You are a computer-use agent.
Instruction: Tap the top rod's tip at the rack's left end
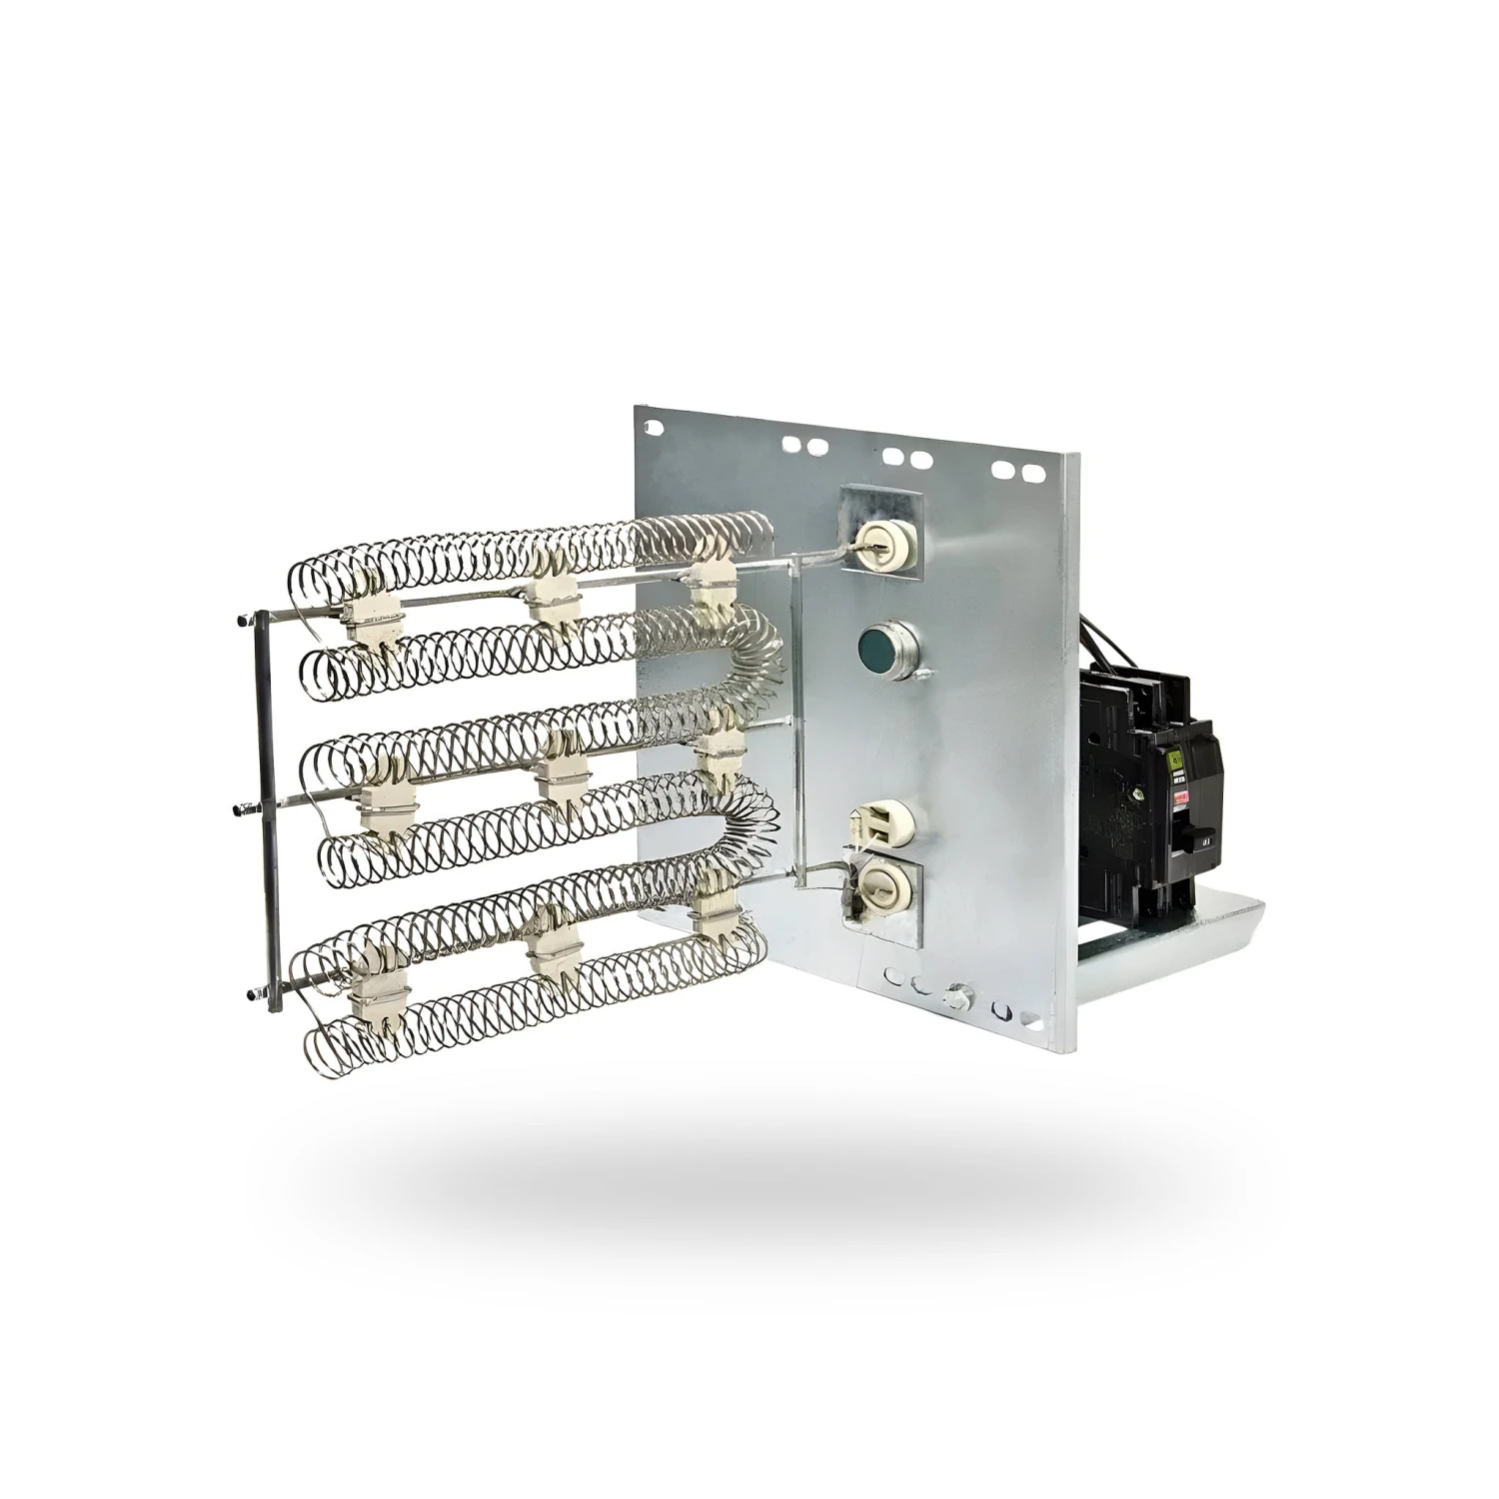243,622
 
